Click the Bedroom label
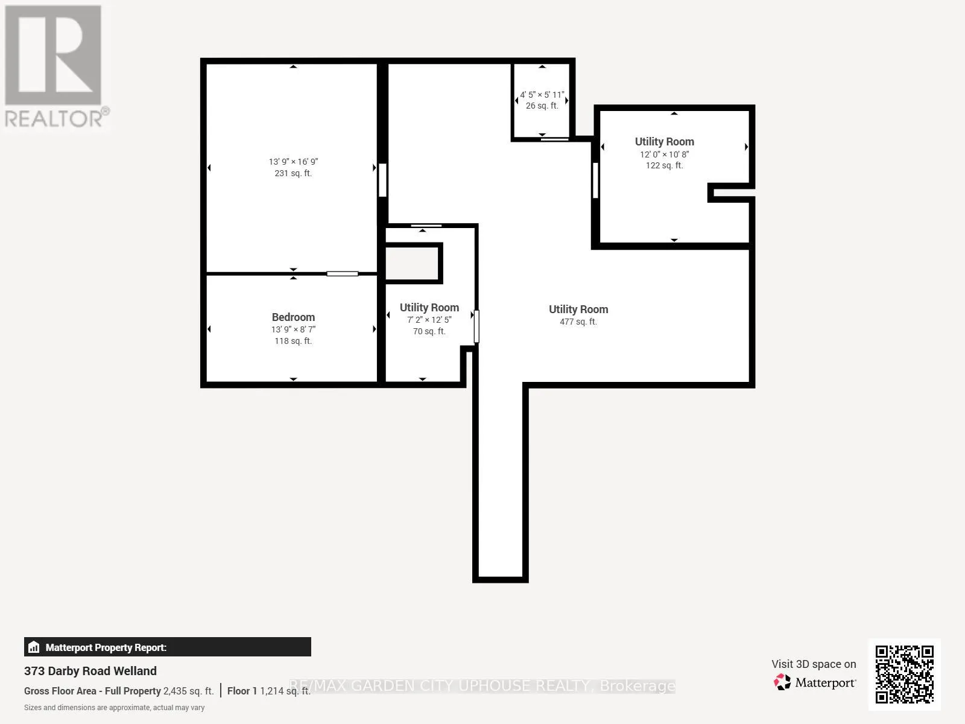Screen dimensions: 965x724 click(x=293, y=317)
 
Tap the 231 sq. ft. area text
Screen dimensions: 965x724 click(x=293, y=173)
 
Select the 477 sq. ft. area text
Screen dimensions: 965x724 click(x=578, y=322)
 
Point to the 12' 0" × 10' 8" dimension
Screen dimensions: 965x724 click(x=664, y=154)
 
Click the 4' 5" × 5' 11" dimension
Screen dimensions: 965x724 click(x=542, y=95)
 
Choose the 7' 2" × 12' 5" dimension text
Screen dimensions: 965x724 click(x=429, y=320)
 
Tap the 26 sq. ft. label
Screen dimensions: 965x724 click(x=542, y=106)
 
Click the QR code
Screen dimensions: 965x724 click(x=904, y=675)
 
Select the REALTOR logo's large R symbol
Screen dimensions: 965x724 click(x=52, y=55)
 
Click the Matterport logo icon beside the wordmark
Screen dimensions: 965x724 click(x=782, y=682)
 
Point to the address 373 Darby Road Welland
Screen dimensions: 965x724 click(x=90, y=671)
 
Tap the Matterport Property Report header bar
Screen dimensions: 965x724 click(x=168, y=647)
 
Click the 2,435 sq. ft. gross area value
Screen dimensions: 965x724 click(x=188, y=691)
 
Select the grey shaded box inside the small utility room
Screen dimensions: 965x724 click(x=413, y=263)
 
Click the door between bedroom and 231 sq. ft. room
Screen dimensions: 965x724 click(x=342, y=274)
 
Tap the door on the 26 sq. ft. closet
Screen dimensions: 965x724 click(x=555, y=139)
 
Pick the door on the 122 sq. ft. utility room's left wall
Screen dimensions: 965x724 click(x=595, y=180)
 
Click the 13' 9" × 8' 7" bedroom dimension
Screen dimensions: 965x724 click(x=293, y=329)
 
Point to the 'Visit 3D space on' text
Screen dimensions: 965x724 click(x=814, y=664)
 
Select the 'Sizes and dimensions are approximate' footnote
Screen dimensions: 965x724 click(x=115, y=708)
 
